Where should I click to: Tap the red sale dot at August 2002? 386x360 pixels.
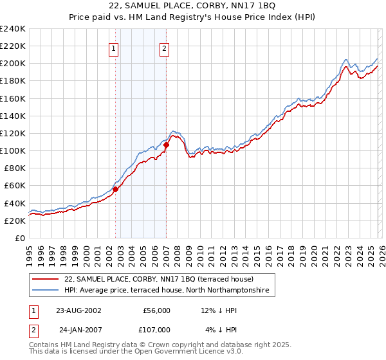tap(116, 189)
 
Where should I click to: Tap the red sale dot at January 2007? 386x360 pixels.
tap(166, 145)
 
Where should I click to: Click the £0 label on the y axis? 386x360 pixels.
tap(20, 238)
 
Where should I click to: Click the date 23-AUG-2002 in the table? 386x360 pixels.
tap(78, 310)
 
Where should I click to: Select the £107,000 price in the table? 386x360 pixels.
tap(156, 329)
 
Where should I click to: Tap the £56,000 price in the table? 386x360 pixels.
tap(156, 310)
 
